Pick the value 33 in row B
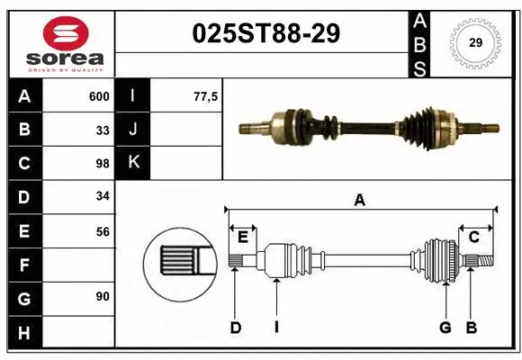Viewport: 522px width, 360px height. click(103, 130)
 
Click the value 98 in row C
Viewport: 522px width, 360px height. click(103, 164)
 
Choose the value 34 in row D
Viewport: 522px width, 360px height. click(103, 197)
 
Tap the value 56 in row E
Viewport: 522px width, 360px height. click(103, 231)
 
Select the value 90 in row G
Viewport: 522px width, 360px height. click(103, 297)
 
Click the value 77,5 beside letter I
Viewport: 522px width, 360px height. click(206, 96)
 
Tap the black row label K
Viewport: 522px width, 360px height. click(133, 163)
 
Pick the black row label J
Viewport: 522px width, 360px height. click(133, 130)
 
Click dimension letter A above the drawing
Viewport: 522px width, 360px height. click(359, 201)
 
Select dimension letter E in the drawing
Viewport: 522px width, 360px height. click(243, 237)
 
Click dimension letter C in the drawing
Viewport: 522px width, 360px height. click(473, 237)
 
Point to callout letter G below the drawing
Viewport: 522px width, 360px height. click(445, 328)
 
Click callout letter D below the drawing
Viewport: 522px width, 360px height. click(236, 328)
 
